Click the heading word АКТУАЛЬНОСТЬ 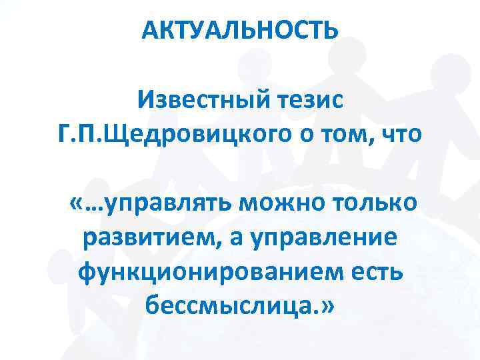tap(240, 30)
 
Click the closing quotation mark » tap(329, 307)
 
